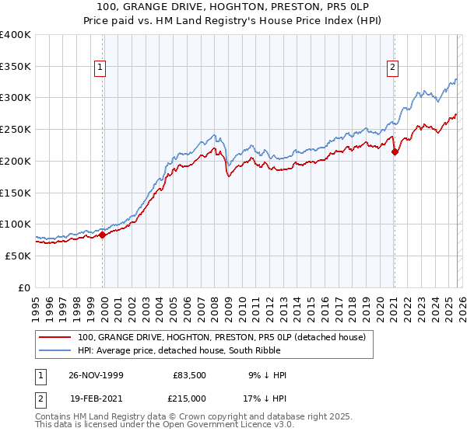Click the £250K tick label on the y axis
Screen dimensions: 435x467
(16, 129)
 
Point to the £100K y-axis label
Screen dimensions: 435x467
(16, 224)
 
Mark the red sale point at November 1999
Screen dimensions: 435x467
(103, 235)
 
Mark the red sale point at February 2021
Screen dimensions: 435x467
(395, 151)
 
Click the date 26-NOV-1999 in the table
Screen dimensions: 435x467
(96, 375)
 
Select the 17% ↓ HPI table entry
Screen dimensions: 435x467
(264, 397)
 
